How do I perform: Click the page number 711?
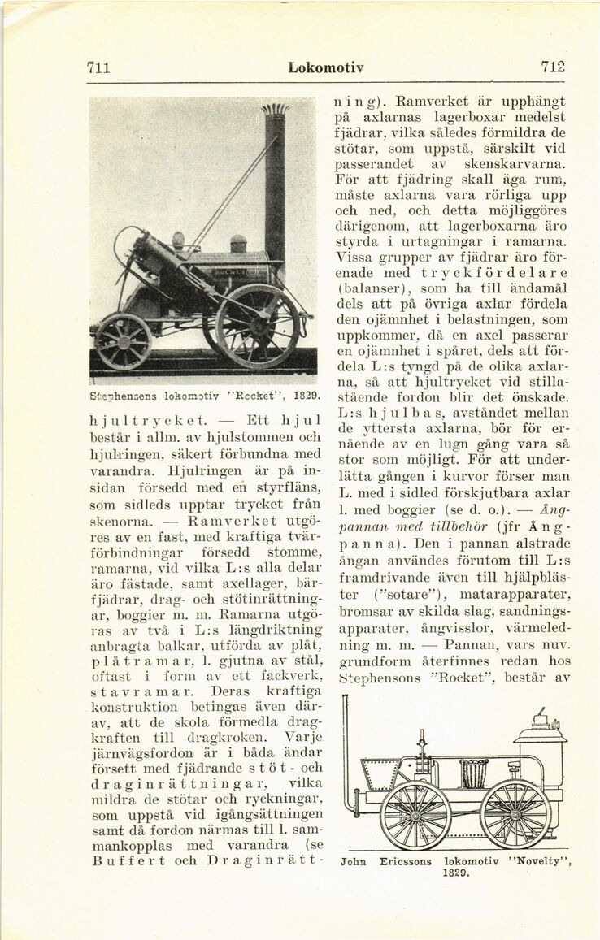[x=98, y=67]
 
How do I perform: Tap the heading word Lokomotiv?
[x=325, y=67]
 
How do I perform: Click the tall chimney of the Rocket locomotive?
[x=275, y=187]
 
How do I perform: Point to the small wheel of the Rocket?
[x=124, y=341]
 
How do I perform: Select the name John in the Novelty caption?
[x=354, y=860]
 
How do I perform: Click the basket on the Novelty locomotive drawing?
[x=475, y=773]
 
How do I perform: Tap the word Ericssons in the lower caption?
[x=406, y=860]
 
